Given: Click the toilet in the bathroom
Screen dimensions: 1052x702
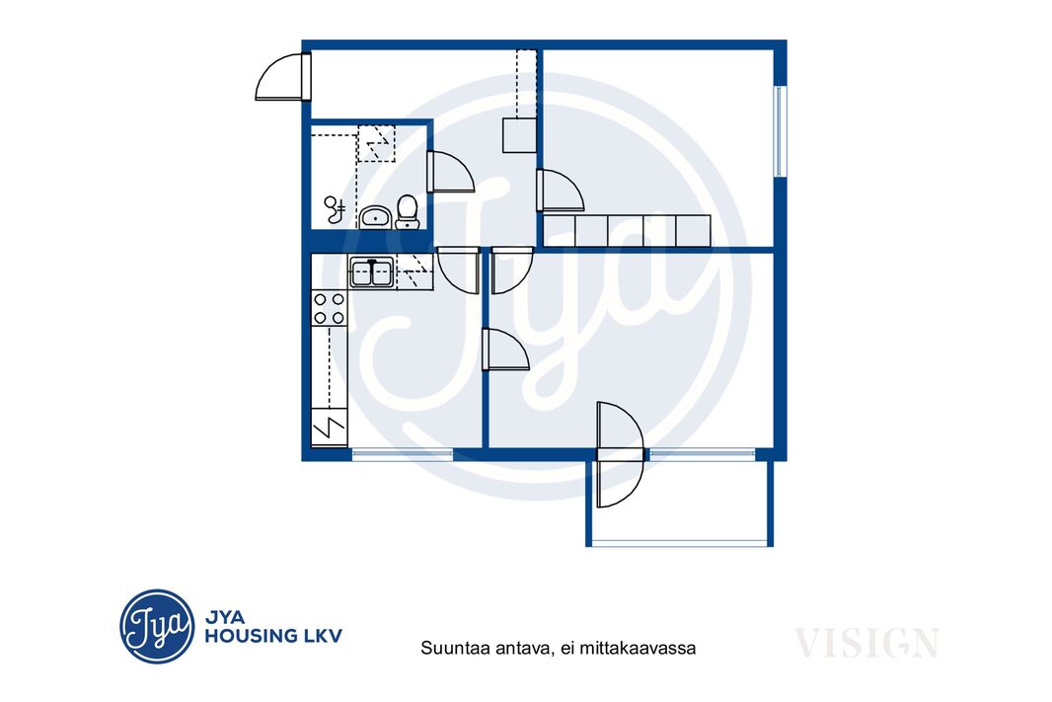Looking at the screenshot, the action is click(x=407, y=212).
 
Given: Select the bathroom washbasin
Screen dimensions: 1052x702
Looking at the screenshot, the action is click(x=375, y=217).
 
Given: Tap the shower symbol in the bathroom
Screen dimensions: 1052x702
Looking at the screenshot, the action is click(x=335, y=209).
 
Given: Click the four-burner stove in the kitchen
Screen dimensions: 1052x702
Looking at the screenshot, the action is click(x=329, y=309).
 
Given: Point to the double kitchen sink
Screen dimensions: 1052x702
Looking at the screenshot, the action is click(x=372, y=272).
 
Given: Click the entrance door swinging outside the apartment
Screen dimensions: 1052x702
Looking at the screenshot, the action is click(x=283, y=77).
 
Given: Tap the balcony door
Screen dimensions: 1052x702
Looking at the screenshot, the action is click(x=620, y=454).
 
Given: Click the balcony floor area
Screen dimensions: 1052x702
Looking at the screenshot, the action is click(x=679, y=500).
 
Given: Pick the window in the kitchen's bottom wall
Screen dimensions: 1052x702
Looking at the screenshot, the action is click(x=403, y=454).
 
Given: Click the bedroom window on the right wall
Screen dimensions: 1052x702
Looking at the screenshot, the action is click(x=780, y=131).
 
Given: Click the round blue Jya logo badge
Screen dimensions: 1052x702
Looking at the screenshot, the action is click(x=157, y=626).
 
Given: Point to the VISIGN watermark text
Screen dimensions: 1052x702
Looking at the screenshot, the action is click(x=866, y=643).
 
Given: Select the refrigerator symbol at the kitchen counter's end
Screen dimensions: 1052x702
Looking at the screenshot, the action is click(x=329, y=428).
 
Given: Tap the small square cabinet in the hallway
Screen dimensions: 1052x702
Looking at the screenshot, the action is click(x=519, y=135).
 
